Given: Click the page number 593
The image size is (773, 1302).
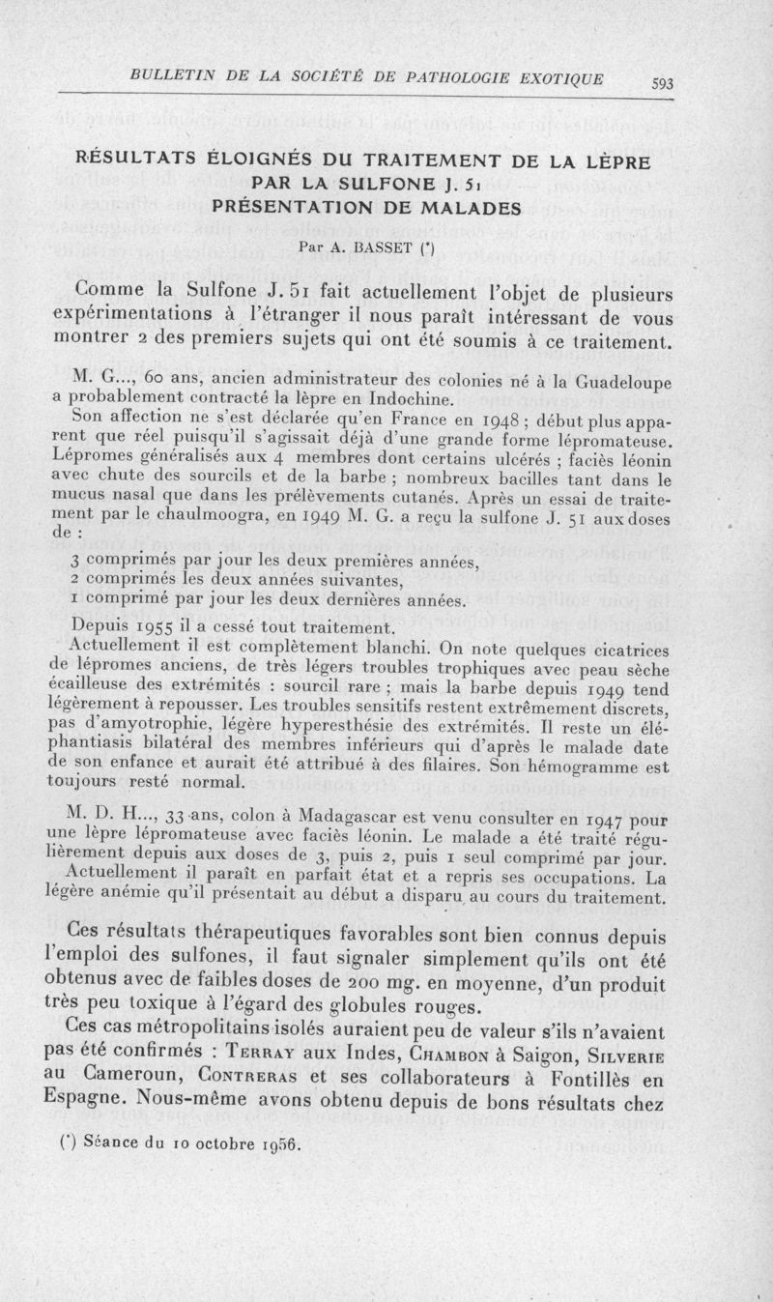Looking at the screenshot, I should (x=662, y=84).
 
